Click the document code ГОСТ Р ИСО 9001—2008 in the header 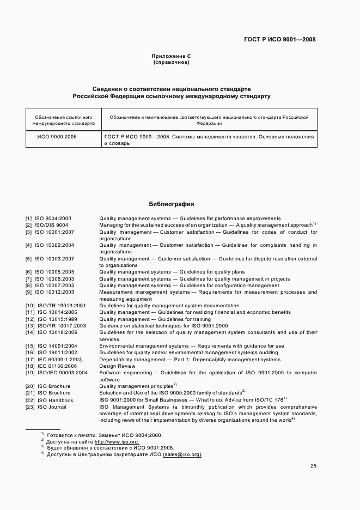280,39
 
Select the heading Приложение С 171,56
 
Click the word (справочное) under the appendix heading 171,63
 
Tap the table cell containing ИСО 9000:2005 57,137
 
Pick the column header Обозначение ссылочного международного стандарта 64,120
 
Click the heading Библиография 172,204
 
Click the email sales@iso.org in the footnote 182,454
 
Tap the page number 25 313,466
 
